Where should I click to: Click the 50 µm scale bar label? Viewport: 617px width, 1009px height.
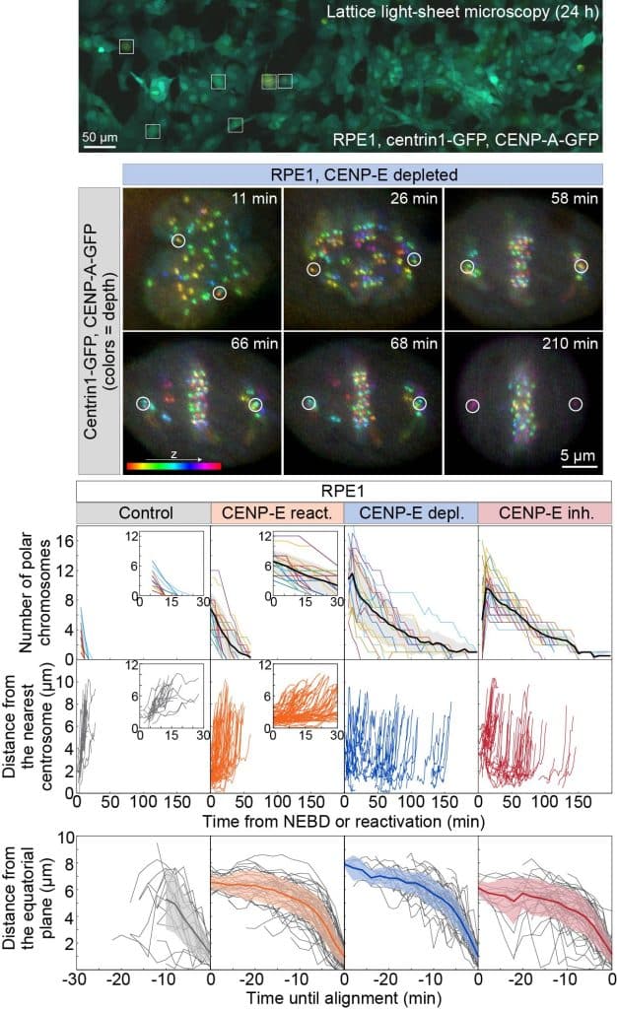tap(98, 135)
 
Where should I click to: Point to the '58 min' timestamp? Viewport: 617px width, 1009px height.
tap(576, 204)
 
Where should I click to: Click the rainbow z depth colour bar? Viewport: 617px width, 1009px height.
tap(173, 464)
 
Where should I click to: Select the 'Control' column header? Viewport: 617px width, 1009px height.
tap(143, 513)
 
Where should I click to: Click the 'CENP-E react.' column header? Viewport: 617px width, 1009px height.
tap(277, 513)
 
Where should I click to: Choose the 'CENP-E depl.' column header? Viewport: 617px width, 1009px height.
tap(410, 513)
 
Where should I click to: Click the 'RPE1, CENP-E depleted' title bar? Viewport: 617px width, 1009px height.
tap(362, 173)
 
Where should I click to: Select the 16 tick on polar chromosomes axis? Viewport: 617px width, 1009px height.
tap(65, 541)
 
